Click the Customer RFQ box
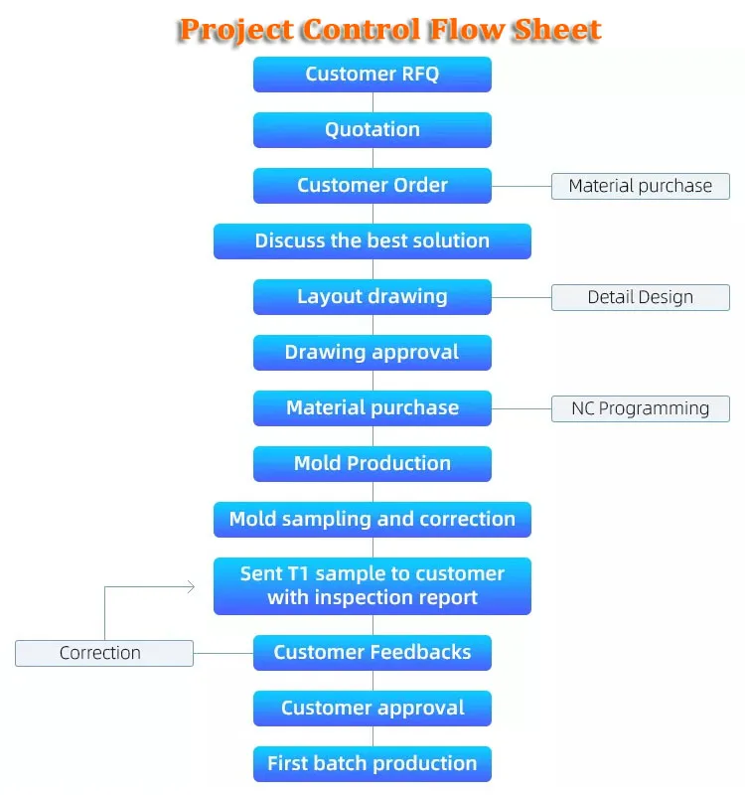point(372,75)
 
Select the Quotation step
point(372,130)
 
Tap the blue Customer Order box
point(372,186)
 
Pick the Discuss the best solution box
point(372,241)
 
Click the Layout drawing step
point(372,297)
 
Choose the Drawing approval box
point(372,353)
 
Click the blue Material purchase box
point(372,408)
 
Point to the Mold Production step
point(372,464)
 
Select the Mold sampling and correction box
point(372,520)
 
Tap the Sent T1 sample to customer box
point(372,586)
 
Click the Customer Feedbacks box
point(372,653)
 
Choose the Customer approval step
point(372,709)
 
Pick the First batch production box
point(372,764)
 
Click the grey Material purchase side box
point(641,186)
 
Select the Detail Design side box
point(641,297)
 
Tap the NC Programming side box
point(641,408)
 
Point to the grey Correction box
point(104,653)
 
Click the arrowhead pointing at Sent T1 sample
point(190,587)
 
